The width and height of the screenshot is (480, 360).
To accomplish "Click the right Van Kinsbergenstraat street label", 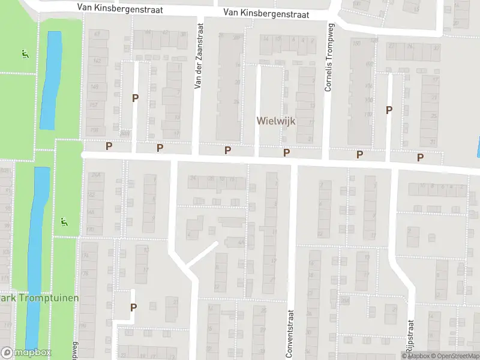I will [265, 13].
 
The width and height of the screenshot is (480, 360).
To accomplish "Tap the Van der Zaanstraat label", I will [199, 56].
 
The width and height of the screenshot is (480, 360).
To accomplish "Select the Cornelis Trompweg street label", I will [328, 59].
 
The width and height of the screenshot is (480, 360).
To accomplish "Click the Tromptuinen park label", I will [40, 298].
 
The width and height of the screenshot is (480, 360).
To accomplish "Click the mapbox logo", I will [26, 353].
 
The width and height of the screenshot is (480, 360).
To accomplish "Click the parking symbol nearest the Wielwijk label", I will [287, 153].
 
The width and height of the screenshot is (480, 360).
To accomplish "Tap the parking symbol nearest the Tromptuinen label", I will [133, 307].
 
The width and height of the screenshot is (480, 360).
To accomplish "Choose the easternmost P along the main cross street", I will [420, 158].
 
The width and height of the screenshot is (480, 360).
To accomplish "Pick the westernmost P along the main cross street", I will [109, 146].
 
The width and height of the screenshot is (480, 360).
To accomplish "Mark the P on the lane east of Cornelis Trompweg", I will [389, 110].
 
